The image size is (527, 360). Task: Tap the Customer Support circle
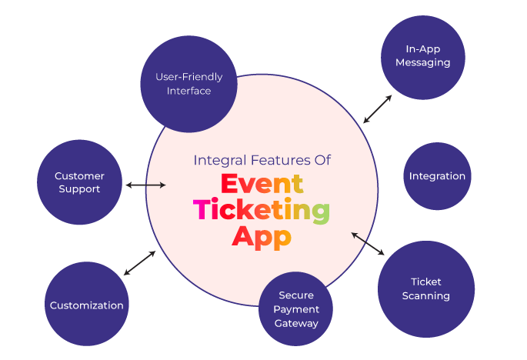pyautogui.click(x=79, y=182)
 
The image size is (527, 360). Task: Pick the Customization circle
pyautogui.click(x=86, y=305)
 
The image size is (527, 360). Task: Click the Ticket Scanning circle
pyautogui.click(x=425, y=288)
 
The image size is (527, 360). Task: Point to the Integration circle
pyautogui.click(x=437, y=176)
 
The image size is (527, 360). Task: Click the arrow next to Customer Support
pyautogui.click(x=145, y=185)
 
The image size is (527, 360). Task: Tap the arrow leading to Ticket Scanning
pyautogui.click(x=368, y=244)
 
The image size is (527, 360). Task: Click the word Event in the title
pyautogui.click(x=262, y=185)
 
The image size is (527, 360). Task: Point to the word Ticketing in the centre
pyautogui.click(x=262, y=210)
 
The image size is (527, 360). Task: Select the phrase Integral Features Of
pyautogui.click(x=262, y=161)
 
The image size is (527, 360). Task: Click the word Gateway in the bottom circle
pyautogui.click(x=296, y=323)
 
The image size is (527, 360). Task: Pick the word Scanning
pyautogui.click(x=425, y=295)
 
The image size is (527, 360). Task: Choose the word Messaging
pyautogui.click(x=422, y=62)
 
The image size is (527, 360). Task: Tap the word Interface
pyautogui.click(x=188, y=91)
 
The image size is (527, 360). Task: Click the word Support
pyautogui.click(x=79, y=189)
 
